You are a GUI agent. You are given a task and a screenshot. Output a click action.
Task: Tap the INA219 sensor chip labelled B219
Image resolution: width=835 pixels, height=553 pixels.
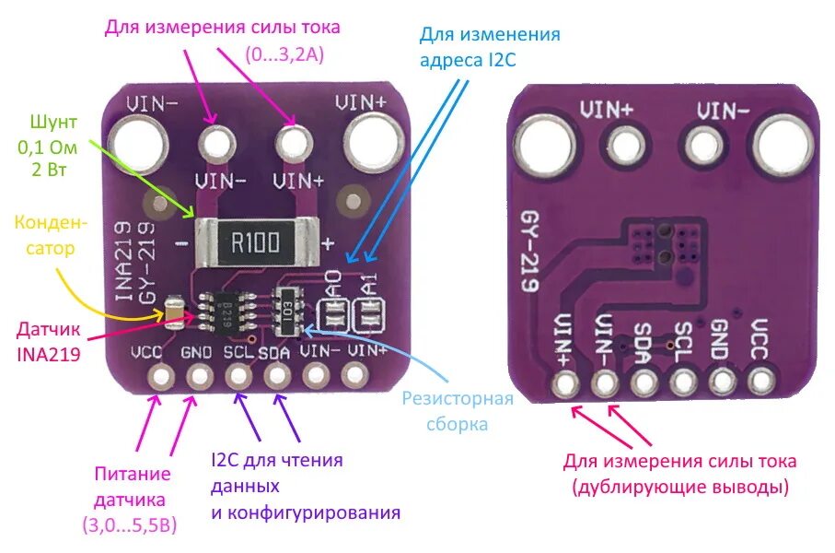pyautogui.click(x=226, y=312)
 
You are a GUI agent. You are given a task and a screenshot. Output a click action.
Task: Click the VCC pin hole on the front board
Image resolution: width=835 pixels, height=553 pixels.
pyautogui.click(x=162, y=377)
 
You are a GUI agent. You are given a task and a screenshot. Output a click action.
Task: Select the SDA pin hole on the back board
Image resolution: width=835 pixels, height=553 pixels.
pyautogui.click(x=644, y=382)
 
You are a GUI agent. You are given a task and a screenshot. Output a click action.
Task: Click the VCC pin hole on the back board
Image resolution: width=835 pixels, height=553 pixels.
pyautogui.click(x=760, y=382)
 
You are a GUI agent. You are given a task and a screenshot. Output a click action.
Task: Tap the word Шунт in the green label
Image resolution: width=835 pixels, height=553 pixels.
pyautogui.click(x=52, y=123)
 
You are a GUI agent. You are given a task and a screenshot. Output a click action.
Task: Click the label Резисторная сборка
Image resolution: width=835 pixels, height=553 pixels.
pyautogui.click(x=458, y=411)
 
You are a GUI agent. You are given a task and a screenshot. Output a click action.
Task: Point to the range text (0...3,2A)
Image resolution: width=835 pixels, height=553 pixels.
pyautogui.click(x=284, y=54)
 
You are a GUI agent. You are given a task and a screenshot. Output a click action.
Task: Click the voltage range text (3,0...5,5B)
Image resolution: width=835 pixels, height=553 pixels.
pyautogui.click(x=129, y=525)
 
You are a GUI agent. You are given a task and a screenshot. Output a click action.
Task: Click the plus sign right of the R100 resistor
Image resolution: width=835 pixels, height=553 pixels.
pyautogui.click(x=327, y=242)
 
